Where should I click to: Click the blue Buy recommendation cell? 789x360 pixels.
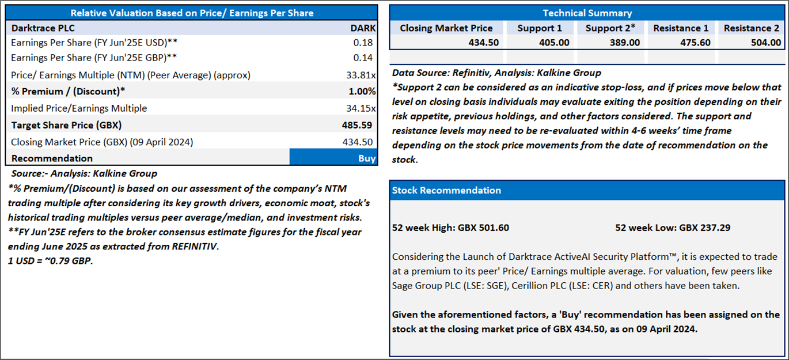tap(333, 158)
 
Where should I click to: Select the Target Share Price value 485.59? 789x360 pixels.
tap(357, 125)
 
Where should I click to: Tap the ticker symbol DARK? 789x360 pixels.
tap(363, 28)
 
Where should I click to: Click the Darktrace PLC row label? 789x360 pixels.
tap(43, 28)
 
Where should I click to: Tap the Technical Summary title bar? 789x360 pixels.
tap(587, 13)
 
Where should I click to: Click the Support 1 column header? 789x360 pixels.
tap(539, 28)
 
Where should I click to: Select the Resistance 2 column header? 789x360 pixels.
tap(751, 28)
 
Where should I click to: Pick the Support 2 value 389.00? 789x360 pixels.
tap(625, 43)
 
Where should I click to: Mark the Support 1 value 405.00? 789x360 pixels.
tap(554, 43)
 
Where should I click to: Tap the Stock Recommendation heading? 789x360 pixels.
tap(446, 191)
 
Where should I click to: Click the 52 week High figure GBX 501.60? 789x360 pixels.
tap(450, 228)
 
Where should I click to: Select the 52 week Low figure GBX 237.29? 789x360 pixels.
tap(673, 228)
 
